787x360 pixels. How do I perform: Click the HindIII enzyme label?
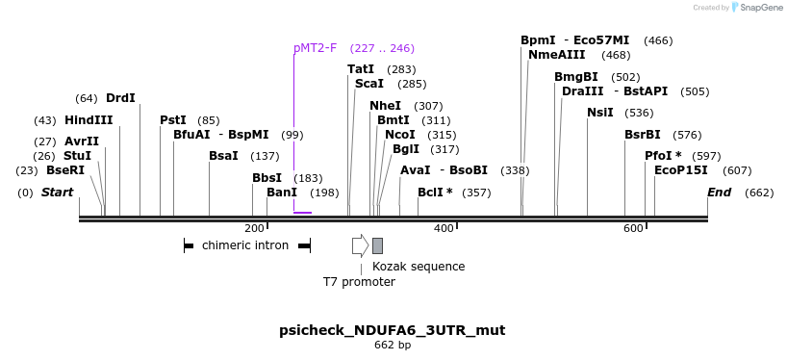click(89, 120)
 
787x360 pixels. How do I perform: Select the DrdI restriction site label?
click(120, 98)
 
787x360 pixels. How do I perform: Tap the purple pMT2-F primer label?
click(315, 48)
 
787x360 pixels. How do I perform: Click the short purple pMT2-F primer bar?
click(302, 212)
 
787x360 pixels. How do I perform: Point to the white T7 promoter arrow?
click(360, 245)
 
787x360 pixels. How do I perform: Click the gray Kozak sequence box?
click(377, 245)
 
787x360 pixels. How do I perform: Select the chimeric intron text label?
click(245, 245)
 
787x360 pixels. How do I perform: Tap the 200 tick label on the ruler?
click(254, 228)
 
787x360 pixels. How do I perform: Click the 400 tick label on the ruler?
click(444, 228)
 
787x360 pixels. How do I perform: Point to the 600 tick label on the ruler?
click(633, 228)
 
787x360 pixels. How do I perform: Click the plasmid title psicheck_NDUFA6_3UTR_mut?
click(392, 330)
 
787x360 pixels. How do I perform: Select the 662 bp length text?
click(393, 346)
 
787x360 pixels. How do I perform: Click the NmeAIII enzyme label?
click(556, 55)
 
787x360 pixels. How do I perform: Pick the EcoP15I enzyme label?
click(680, 170)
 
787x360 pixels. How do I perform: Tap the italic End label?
click(720, 193)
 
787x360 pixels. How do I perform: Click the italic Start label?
click(57, 193)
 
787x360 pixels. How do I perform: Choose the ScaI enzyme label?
click(369, 84)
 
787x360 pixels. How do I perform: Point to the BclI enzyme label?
click(435, 193)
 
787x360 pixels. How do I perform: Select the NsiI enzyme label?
click(599, 113)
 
